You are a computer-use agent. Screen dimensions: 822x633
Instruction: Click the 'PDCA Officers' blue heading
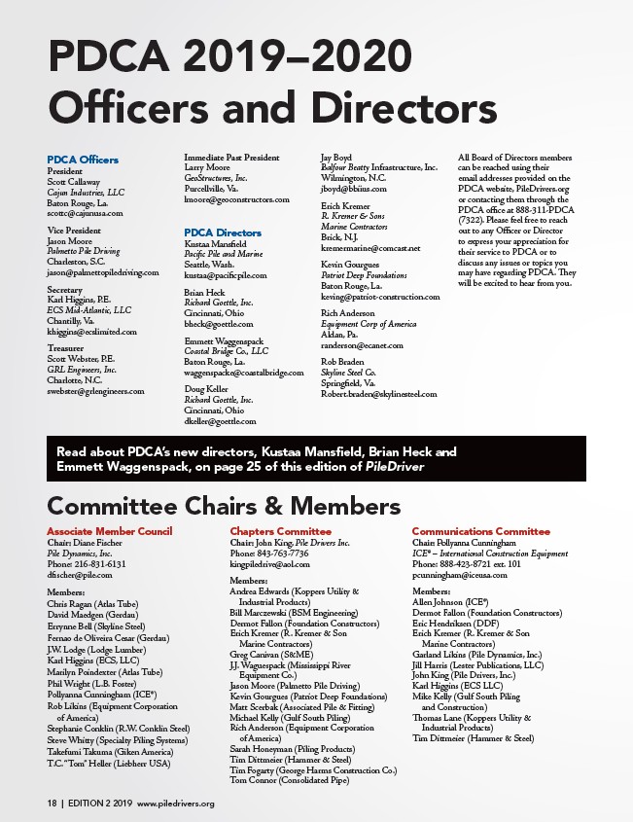click(83, 160)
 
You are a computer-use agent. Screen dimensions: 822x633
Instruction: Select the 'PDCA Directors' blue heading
click(223, 233)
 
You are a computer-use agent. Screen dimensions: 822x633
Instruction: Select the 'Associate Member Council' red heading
click(109, 531)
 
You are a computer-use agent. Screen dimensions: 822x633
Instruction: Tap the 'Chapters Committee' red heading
click(280, 531)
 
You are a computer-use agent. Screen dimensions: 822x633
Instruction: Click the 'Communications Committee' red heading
click(480, 531)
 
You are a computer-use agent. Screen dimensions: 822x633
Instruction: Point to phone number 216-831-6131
click(88, 563)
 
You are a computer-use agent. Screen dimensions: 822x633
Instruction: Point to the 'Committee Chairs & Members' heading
click(224, 506)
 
